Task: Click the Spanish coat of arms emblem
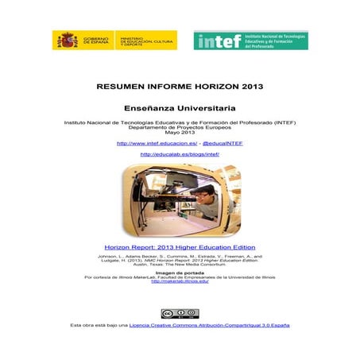[x=65, y=40]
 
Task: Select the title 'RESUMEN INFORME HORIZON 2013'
[x=180, y=85]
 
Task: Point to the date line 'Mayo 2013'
[x=180, y=132]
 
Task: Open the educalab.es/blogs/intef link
[x=180, y=154]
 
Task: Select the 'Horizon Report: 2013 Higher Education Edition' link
[x=180, y=247]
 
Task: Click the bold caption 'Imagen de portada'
[x=180, y=272]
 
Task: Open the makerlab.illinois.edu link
[x=180, y=281]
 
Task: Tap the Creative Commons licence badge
[x=180, y=313]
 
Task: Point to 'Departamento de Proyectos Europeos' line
[x=180, y=127]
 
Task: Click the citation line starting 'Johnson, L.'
[x=180, y=256]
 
